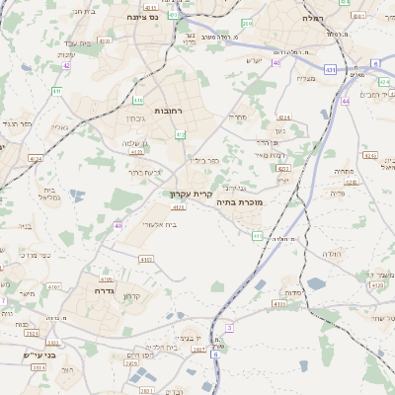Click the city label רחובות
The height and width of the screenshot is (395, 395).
(169, 112)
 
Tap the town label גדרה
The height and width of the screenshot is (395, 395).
(106, 291)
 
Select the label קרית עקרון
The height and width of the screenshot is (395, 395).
(192, 195)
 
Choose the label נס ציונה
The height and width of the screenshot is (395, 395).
(144, 18)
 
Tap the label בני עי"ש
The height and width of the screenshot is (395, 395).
(41, 355)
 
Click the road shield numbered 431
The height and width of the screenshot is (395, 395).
(330, 69)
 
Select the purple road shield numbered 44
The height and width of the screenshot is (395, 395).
(346, 101)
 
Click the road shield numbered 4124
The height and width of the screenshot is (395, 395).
(37, 158)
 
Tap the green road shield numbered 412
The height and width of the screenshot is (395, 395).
(180, 134)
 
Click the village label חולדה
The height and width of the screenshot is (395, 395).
(331, 254)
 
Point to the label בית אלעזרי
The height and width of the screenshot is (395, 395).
(159, 225)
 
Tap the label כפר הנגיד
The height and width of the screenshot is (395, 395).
(19, 124)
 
